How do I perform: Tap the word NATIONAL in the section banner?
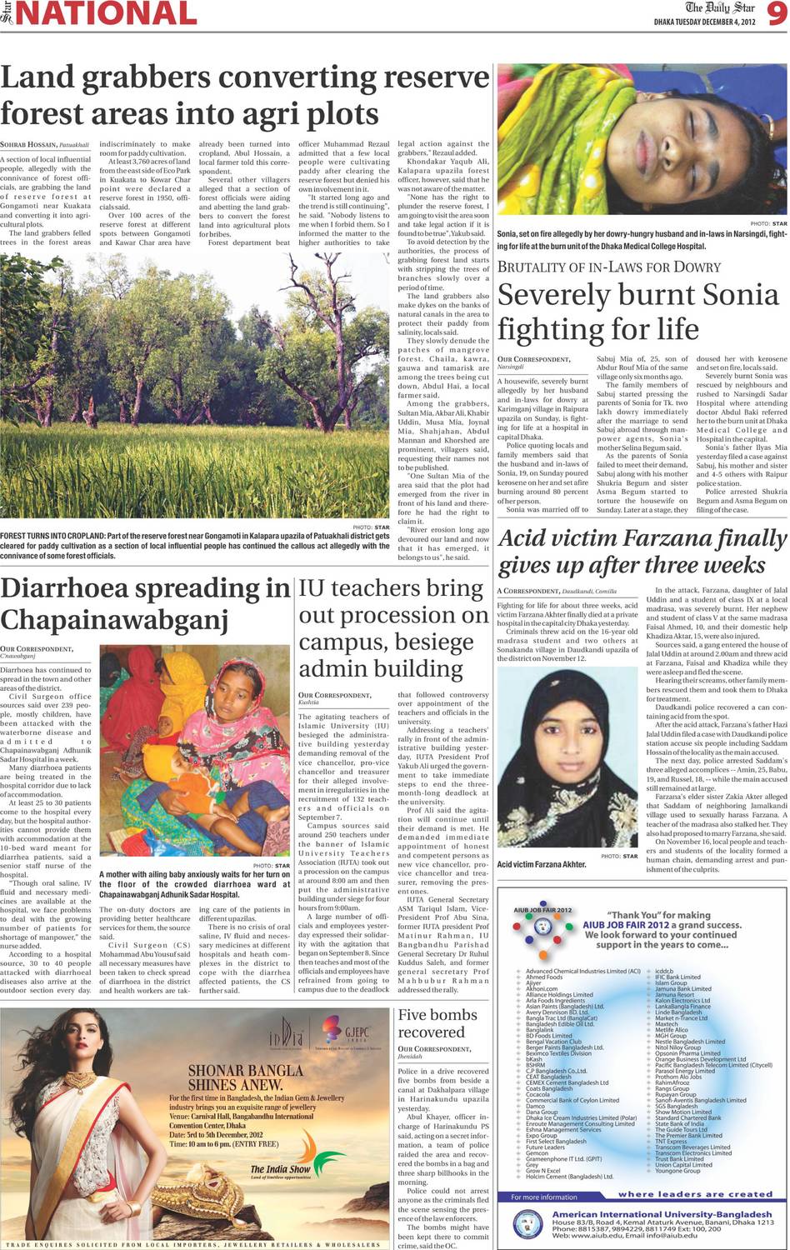[x=107, y=14]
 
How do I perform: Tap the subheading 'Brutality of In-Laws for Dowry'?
[x=608, y=267]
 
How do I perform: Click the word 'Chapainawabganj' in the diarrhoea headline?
[x=114, y=620]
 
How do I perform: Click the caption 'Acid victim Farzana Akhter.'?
[x=542, y=865]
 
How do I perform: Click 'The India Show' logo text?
[x=280, y=1170]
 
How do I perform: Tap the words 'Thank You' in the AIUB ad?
[x=635, y=915]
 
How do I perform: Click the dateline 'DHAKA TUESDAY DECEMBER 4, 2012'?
[x=706, y=22]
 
